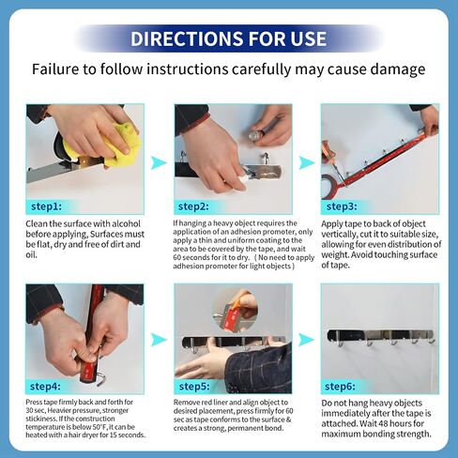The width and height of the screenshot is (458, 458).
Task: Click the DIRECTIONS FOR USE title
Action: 228,38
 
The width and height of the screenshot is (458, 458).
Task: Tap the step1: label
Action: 46,206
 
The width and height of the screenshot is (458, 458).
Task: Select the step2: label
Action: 193,206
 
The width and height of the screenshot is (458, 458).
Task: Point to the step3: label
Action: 342,206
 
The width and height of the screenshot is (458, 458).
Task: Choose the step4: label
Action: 45,387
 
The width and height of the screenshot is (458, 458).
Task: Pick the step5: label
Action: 194,387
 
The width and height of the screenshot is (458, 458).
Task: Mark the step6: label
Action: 340,387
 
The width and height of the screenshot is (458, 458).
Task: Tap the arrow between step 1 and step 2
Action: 159,163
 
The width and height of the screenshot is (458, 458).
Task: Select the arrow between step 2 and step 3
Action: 307,163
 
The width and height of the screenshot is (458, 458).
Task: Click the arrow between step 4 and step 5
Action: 159,340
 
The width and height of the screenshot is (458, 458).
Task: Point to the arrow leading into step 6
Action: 307,340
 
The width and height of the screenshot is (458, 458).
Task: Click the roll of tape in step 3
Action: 329,187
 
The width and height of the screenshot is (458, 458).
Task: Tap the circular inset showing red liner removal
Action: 236,310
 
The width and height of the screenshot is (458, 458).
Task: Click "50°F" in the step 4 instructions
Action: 99,427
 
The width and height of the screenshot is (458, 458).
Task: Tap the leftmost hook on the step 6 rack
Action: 340,341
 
